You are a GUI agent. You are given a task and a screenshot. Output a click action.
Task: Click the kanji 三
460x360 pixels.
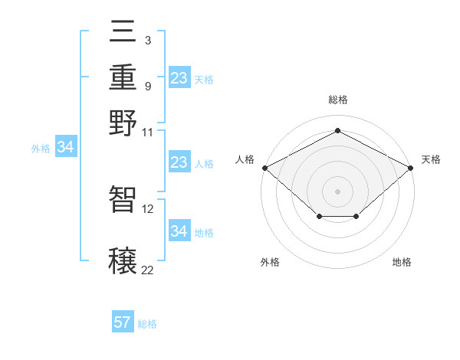tap(123, 33)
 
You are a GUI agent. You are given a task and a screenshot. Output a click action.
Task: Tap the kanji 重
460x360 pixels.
tap(123, 77)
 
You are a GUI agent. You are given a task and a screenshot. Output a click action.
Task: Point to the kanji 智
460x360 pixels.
tap(123, 198)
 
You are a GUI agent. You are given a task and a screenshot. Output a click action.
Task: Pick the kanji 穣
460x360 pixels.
tap(123, 260)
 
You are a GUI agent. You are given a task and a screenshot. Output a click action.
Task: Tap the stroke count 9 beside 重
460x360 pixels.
tap(147, 85)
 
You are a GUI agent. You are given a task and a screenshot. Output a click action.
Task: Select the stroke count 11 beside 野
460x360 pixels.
tap(148, 131)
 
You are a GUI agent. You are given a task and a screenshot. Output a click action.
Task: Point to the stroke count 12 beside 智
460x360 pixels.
tap(148, 208)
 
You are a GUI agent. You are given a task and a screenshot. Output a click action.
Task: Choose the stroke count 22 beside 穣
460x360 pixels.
tap(148, 270)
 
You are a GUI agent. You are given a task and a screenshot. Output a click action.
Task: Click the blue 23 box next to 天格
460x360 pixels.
tap(179, 77)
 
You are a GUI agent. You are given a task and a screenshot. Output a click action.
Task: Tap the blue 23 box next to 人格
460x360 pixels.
tap(179, 162)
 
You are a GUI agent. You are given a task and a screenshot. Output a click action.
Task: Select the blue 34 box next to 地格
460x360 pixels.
tap(179, 231)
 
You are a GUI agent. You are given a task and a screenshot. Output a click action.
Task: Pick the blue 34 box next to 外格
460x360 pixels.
tap(65, 147)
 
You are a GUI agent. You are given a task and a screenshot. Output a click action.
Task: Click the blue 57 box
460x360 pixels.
tap(123, 322)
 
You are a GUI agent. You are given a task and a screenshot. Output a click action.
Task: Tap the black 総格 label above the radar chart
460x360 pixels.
tap(338, 100)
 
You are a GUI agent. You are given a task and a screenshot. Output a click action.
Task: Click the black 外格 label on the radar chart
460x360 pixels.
tap(270, 262)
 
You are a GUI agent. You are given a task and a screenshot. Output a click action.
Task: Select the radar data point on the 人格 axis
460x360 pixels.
tap(264, 167)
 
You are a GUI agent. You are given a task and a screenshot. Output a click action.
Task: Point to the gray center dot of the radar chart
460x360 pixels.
tap(338, 191)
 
